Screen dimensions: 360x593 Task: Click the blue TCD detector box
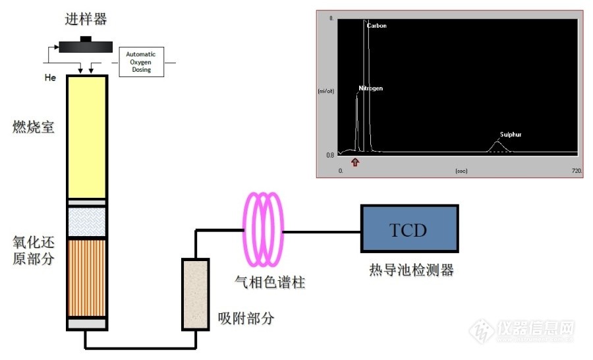click(409, 229)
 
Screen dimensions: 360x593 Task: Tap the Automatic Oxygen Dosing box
click(141, 61)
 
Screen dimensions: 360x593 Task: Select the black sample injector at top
click(84, 45)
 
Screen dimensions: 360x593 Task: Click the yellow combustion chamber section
click(87, 137)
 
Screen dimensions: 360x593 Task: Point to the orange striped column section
click(87, 277)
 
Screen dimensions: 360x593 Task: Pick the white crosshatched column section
click(87, 222)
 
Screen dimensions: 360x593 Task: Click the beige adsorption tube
click(195, 294)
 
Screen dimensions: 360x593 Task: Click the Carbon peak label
click(377, 26)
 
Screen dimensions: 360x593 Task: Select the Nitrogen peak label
click(370, 88)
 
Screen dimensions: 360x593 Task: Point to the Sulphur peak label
click(511, 135)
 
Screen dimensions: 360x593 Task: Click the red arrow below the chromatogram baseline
click(356, 162)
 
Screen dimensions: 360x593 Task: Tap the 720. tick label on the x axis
click(577, 170)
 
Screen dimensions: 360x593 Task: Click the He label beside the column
click(50, 78)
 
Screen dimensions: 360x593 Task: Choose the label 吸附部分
click(245, 319)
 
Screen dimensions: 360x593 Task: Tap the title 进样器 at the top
click(83, 19)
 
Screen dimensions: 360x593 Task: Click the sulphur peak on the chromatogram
click(498, 144)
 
